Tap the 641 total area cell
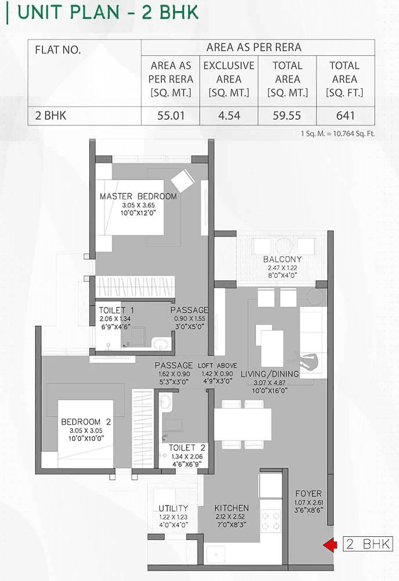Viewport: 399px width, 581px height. pyautogui.click(x=345, y=116)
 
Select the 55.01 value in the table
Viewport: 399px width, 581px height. pyautogui.click(x=171, y=116)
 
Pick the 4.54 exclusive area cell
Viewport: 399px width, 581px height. pyautogui.click(x=229, y=116)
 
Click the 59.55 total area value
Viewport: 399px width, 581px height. pyautogui.click(x=287, y=116)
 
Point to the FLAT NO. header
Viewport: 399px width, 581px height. pyautogui.click(x=58, y=50)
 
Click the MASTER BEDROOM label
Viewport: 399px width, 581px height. pyautogui.click(x=138, y=196)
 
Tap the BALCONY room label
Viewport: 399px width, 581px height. pyautogui.click(x=282, y=259)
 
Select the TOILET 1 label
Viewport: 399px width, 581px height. pyautogui.click(x=116, y=310)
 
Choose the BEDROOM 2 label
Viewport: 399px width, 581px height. pyautogui.click(x=86, y=422)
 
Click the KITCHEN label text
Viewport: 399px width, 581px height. pyautogui.click(x=232, y=508)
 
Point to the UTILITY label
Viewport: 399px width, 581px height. pyautogui.click(x=173, y=508)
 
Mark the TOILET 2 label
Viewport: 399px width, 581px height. pyautogui.click(x=187, y=448)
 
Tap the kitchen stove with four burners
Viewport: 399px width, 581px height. pyautogui.click(x=271, y=521)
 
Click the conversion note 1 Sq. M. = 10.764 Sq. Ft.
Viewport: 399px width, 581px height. pyautogui.click(x=338, y=134)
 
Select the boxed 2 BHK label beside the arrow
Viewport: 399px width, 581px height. pyautogui.click(x=368, y=544)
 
